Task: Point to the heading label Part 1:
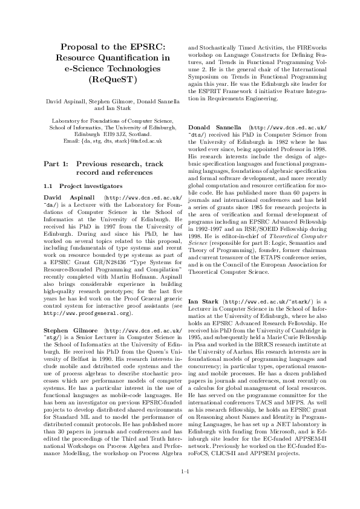click(57, 164)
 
